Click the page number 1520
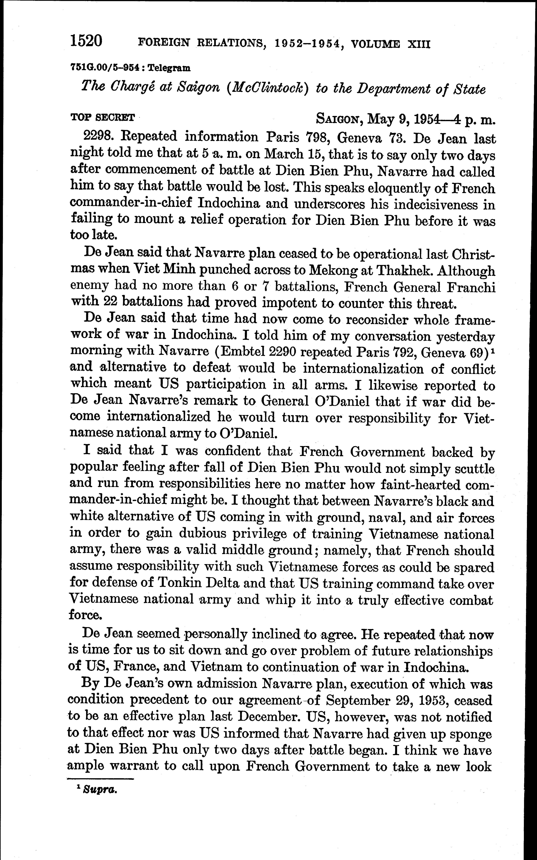pyautogui.click(x=86, y=41)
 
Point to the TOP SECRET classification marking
pyautogui.click(x=103, y=117)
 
